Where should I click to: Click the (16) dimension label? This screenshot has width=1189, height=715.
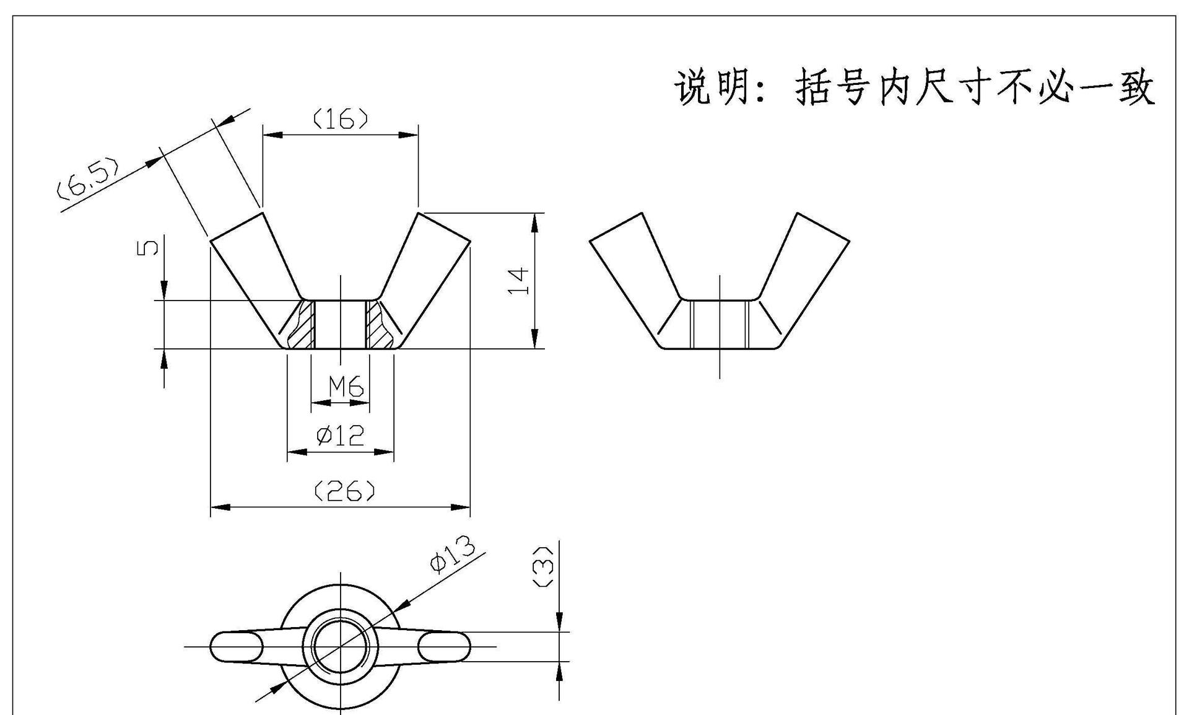coord(341,118)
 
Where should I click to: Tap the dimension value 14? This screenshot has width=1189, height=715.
coord(518,281)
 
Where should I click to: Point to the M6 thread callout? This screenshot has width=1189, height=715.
coord(346,387)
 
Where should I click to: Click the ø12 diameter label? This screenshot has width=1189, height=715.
coord(340,436)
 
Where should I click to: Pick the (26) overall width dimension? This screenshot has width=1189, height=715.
coord(344,491)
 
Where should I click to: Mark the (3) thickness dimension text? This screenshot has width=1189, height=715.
coord(543,567)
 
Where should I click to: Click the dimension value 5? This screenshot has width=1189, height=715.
coord(147,247)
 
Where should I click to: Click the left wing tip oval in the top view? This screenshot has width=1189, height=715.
coord(236,647)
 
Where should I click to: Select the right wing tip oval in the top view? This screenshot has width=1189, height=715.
coord(444,647)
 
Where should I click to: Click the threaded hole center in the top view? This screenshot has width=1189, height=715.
coord(340,646)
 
